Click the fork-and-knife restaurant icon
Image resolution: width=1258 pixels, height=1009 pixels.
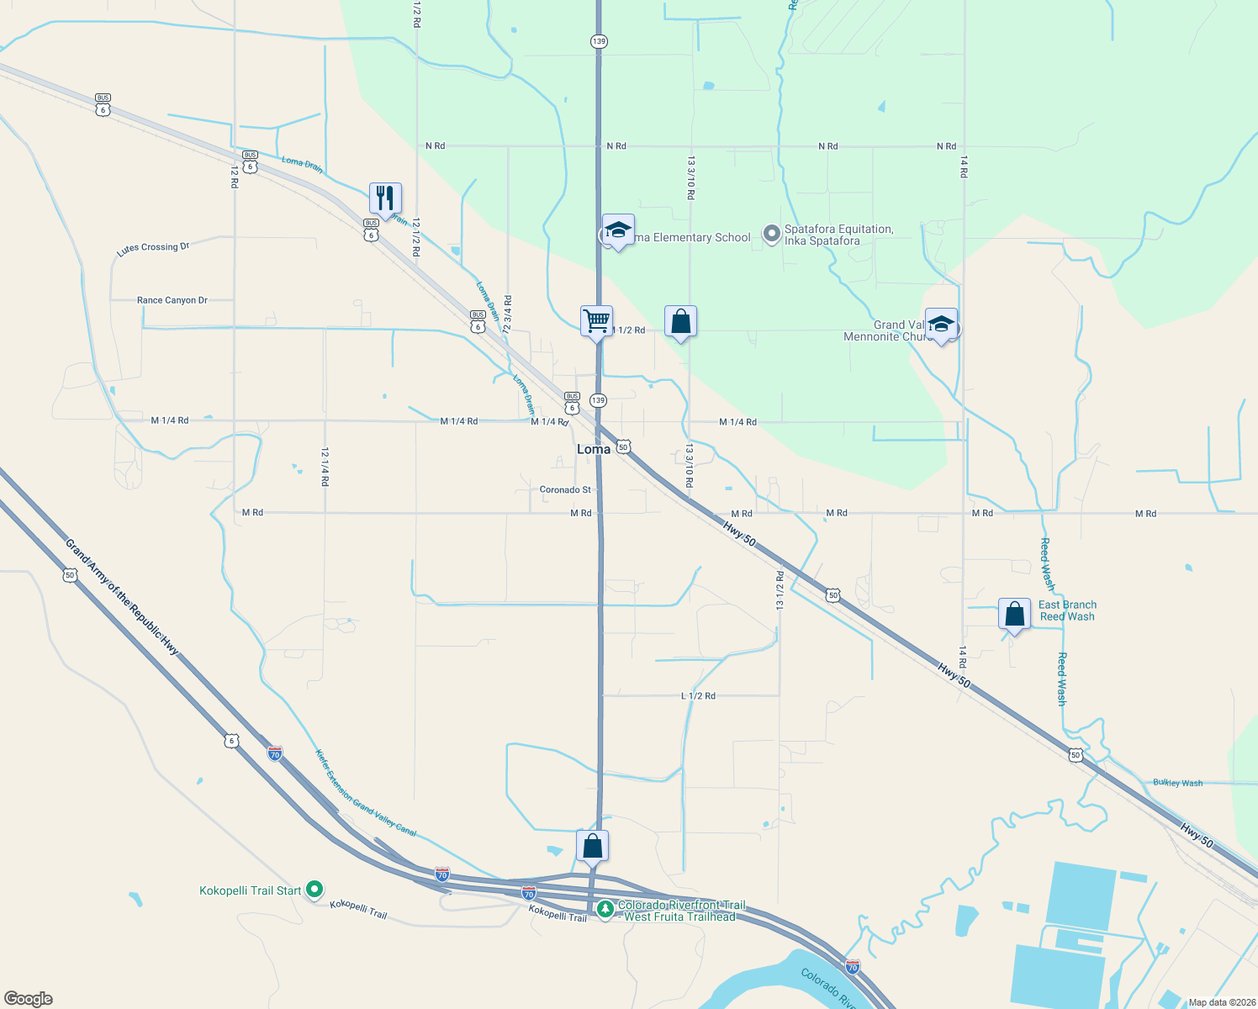pos(385,198)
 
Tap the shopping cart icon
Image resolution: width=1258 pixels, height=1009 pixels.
pos(596,321)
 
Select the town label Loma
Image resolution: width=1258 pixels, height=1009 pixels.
pos(594,449)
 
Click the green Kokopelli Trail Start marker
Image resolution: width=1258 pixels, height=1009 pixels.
pos(314,889)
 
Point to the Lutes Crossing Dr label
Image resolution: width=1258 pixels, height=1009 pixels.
pos(153,248)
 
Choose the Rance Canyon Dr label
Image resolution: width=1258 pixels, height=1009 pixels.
pos(172,300)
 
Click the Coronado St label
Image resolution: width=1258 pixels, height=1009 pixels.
pos(565,489)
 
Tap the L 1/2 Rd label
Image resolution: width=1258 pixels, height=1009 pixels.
pos(698,696)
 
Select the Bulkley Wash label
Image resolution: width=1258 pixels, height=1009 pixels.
pos(1177,783)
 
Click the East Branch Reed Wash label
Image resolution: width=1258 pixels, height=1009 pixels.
pos(1067,610)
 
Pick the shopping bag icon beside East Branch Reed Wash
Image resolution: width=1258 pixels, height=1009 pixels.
pos(1014,615)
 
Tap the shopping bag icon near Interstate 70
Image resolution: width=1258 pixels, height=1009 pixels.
pos(592,846)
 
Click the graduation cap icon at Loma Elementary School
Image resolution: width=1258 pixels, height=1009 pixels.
pos(618,230)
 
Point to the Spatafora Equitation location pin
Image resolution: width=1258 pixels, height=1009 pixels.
pos(771,235)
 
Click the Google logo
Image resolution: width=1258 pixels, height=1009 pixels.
pos(29,999)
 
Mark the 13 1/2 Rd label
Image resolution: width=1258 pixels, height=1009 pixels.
pos(780,590)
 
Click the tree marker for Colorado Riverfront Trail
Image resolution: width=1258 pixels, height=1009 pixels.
pos(605,909)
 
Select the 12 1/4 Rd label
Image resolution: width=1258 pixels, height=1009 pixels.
pos(325,467)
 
